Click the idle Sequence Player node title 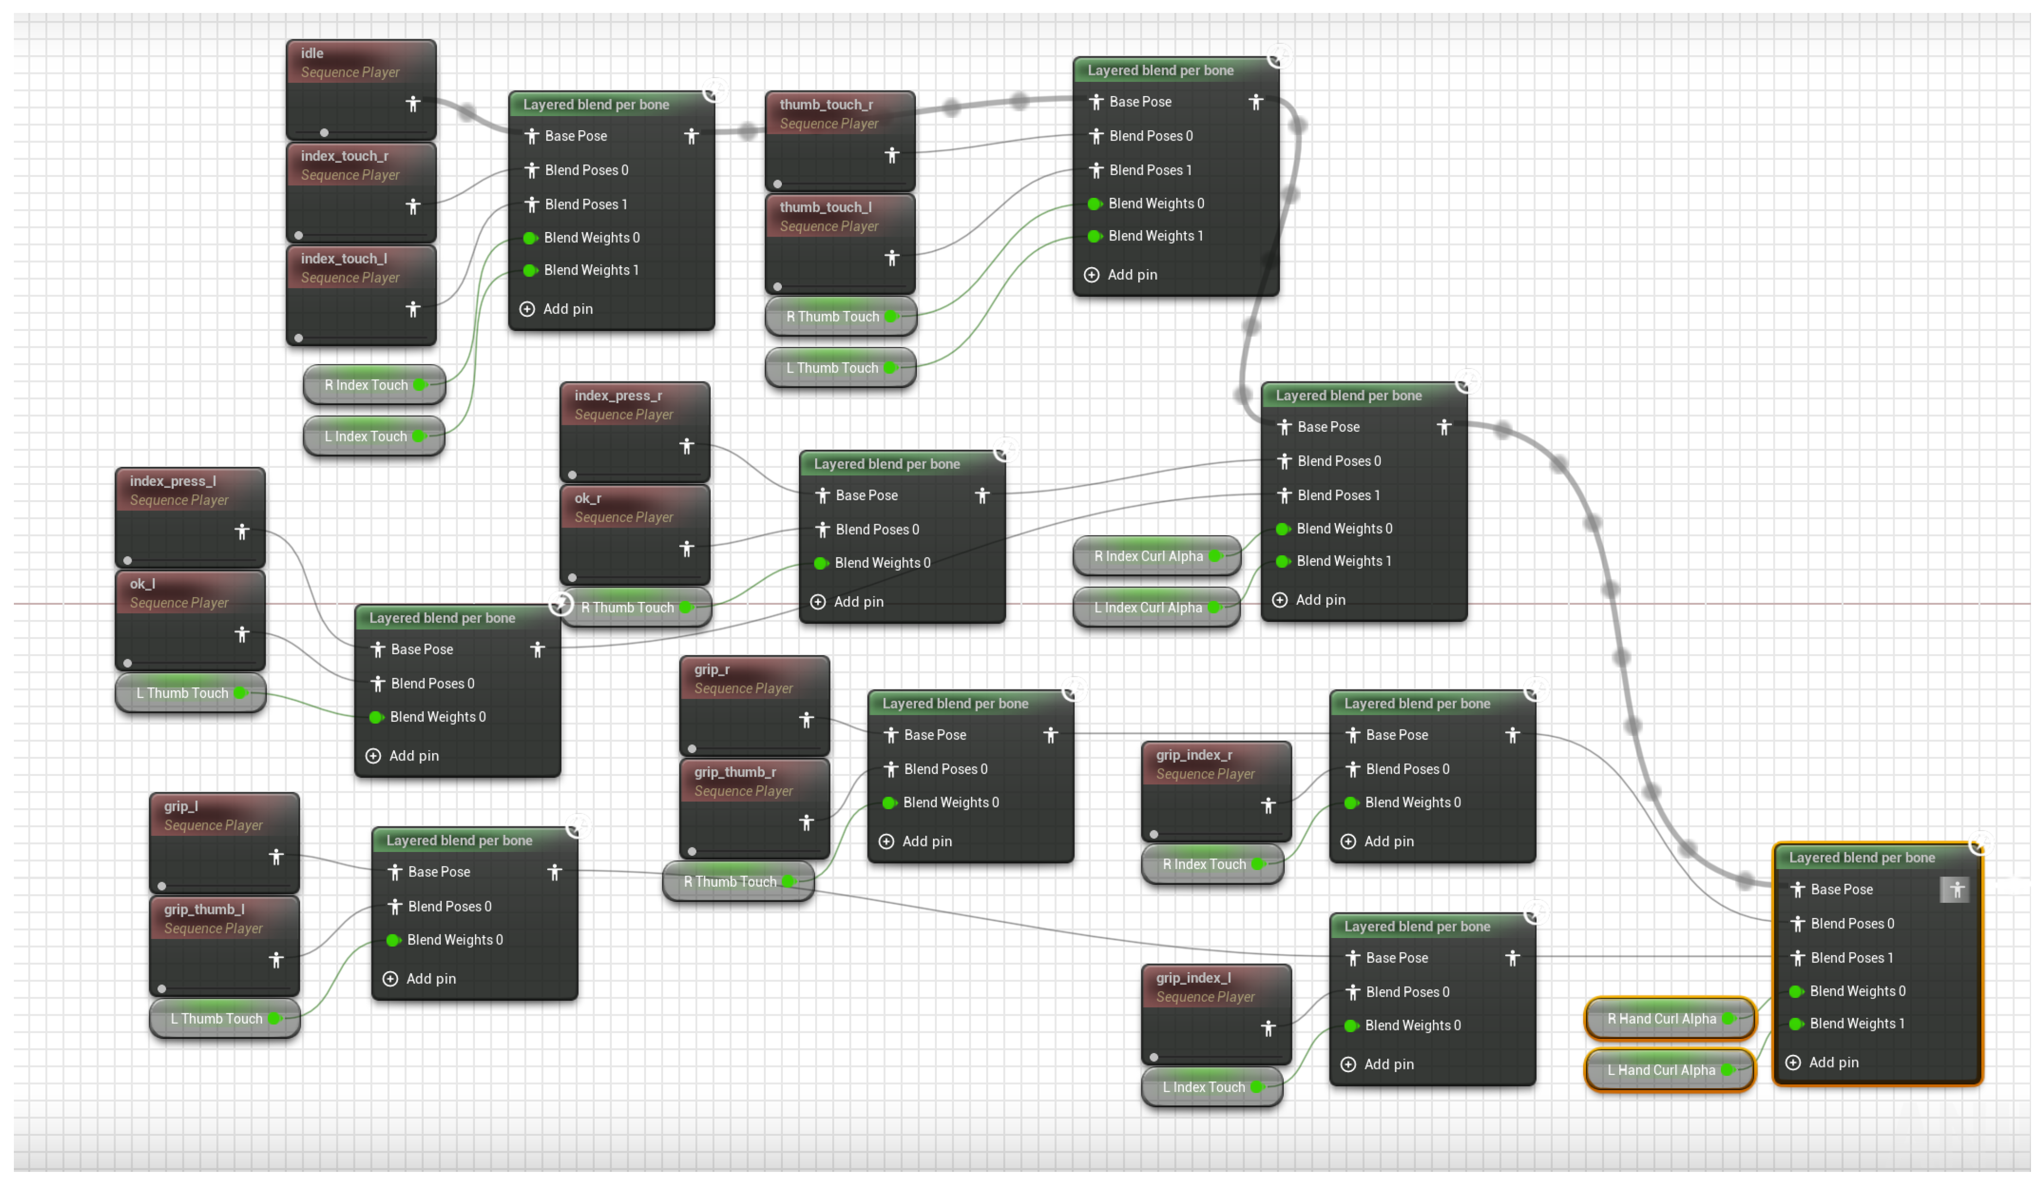point(312,54)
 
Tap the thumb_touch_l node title point(825,208)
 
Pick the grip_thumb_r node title point(734,772)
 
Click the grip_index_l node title point(1193,978)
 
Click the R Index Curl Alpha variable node point(1148,556)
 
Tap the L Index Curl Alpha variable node point(1148,607)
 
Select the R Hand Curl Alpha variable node point(1661,1018)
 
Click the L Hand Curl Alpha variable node point(1661,1070)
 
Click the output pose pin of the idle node point(413,104)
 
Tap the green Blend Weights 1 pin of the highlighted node point(1796,1024)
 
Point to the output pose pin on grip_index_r point(1268,805)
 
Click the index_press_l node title point(173,481)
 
